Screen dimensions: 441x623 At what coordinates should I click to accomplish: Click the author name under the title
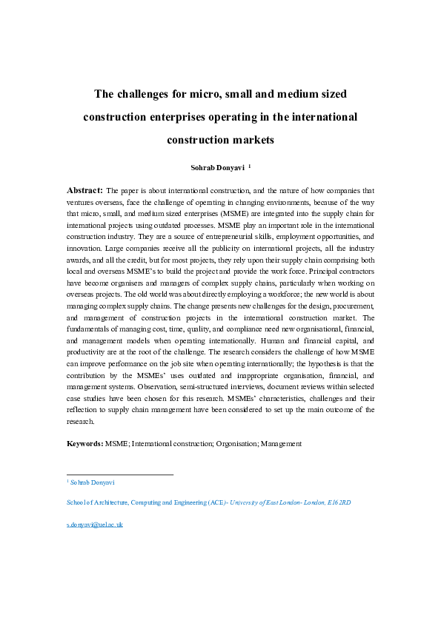[216, 167]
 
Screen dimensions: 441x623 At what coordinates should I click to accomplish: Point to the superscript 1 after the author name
[249, 166]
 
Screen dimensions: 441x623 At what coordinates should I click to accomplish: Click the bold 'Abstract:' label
[85, 190]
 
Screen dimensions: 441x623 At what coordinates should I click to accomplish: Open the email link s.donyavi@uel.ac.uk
[94, 524]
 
